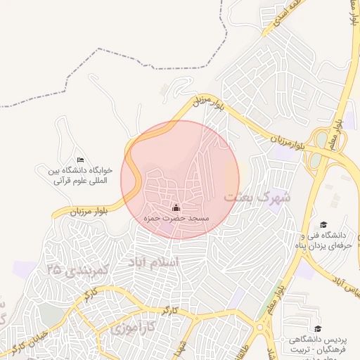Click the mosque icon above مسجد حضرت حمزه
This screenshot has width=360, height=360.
176,208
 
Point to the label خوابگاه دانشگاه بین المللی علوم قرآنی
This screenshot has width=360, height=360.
78,175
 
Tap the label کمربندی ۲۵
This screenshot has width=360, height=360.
76,268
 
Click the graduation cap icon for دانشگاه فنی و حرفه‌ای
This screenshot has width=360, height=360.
323,224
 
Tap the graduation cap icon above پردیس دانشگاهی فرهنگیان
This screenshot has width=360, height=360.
317,328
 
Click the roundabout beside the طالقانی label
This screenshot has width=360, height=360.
268,326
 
